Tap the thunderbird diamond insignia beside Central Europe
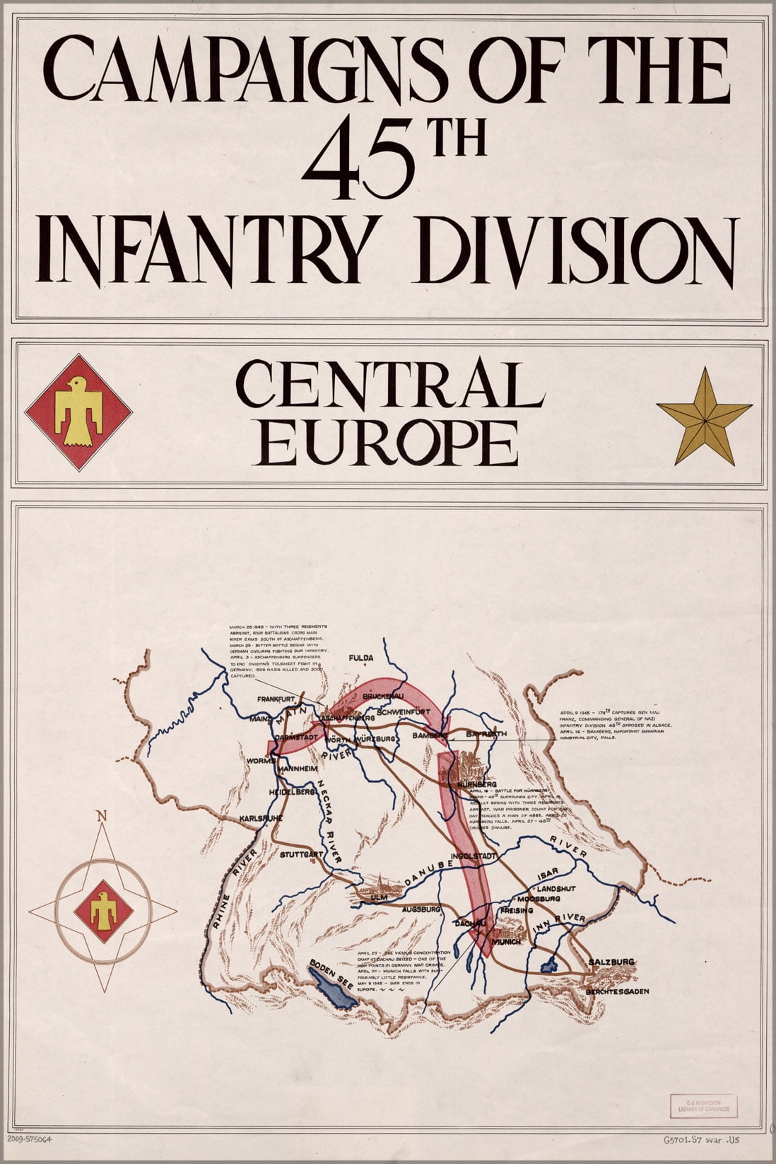[x=78, y=412]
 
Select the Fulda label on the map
[x=360, y=658]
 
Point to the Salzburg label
[x=611, y=962]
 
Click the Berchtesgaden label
[x=616, y=991]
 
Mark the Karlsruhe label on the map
[x=261, y=818]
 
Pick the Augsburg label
[x=421, y=908]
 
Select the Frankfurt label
[x=275, y=699]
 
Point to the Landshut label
[x=556, y=887]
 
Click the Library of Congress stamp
[x=702, y=1106]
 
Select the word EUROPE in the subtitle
[x=389, y=444]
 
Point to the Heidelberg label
[x=291, y=792]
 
